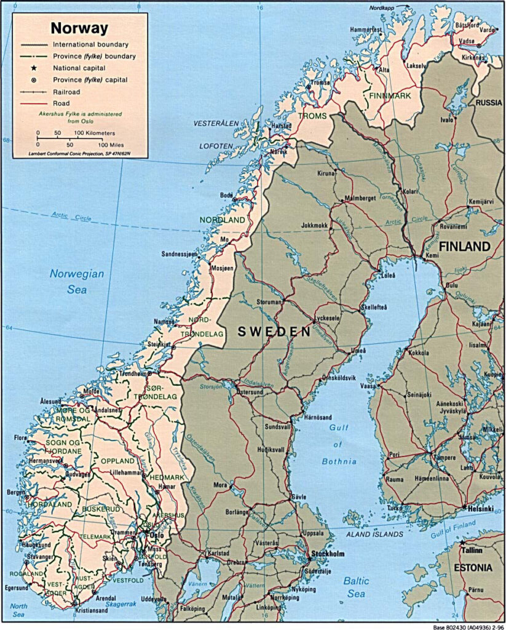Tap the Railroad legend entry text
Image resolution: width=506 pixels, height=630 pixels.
69,92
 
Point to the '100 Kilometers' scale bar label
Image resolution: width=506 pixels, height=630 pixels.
95,133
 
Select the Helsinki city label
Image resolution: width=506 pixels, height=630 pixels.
481,509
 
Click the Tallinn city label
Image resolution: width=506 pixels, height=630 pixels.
481,549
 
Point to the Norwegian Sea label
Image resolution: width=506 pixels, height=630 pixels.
77,282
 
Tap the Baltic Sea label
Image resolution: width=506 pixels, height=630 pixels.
356,586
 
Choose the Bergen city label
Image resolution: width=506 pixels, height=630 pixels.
15,493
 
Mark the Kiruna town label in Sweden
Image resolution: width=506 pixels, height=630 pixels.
326,173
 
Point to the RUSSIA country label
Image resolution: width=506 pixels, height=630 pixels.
488,102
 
